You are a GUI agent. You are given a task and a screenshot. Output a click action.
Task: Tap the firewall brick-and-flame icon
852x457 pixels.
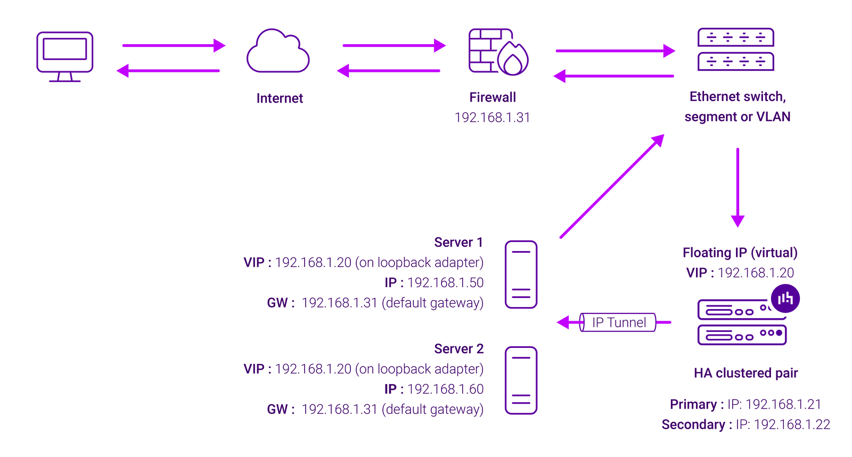pos(498,52)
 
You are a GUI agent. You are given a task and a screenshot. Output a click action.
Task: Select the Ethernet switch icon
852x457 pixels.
pos(735,49)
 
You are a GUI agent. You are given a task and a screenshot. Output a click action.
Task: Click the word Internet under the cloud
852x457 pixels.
pos(280,98)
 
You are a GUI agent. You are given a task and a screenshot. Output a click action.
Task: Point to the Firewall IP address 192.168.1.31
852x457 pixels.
pos(492,118)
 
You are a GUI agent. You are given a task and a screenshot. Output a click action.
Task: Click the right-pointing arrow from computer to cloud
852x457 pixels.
pos(174,46)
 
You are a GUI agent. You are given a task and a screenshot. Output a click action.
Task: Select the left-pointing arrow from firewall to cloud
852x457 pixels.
pos(389,71)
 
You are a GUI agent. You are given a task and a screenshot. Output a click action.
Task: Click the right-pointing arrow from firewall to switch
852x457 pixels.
pos(615,51)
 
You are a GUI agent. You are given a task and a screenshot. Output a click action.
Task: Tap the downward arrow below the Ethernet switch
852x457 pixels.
pos(738,186)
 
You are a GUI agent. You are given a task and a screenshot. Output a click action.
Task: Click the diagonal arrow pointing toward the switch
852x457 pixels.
pos(612,186)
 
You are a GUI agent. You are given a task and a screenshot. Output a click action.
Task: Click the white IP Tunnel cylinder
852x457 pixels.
pos(618,322)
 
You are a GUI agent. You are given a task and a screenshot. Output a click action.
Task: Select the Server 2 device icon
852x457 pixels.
pos(521,380)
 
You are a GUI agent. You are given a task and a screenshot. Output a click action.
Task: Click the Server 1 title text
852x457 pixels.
pos(458,243)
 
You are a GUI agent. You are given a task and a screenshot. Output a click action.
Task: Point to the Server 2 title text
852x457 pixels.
pos(458,349)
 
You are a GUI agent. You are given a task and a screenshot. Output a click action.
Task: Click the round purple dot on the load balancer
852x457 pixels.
pos(785,298)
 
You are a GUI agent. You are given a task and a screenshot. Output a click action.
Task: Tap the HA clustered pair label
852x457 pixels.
pos(745,373)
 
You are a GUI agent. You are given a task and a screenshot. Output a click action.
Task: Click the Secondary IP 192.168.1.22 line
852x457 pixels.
pos(745,425)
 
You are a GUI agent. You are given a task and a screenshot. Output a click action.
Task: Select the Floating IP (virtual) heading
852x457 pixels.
pos(740,253)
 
